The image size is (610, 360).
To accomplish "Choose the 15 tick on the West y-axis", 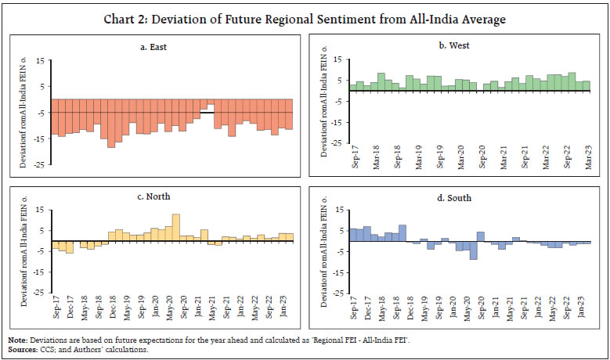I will tap(340, 59).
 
